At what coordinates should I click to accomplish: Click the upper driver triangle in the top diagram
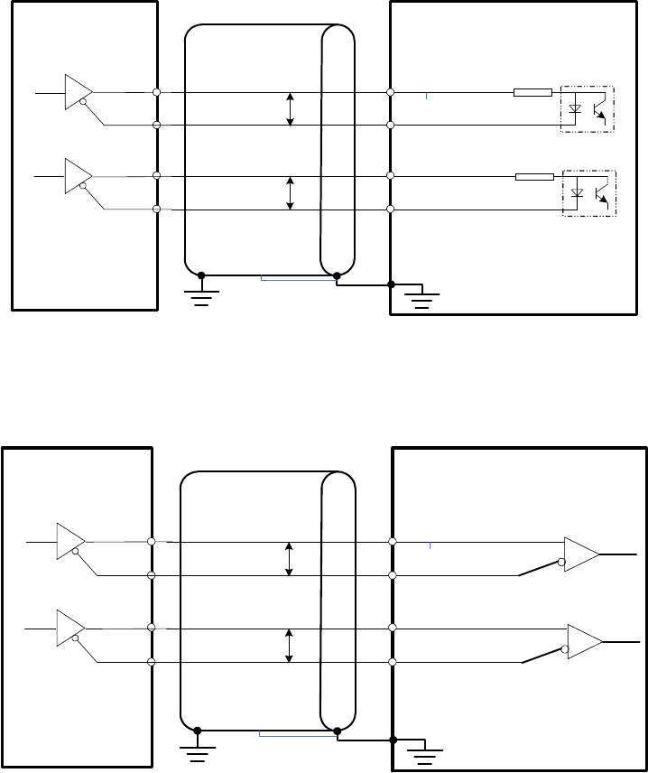78,92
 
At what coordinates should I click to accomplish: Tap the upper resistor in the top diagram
532,92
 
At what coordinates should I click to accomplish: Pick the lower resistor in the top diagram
534,176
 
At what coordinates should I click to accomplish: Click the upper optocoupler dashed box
588,109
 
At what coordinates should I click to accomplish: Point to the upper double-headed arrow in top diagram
290,108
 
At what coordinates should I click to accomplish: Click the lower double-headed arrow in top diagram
290,192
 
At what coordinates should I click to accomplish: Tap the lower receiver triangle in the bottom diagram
584,639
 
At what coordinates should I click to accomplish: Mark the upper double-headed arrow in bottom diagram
289,558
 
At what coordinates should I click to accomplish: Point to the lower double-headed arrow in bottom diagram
289,645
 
